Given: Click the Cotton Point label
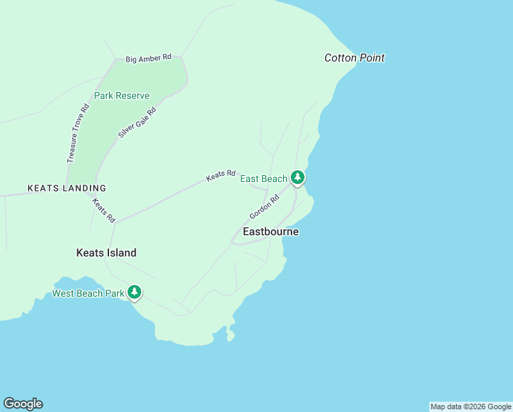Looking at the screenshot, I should pyautogui.click(x=354, y=58).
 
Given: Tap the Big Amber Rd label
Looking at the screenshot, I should pyautogui.click(x=148, y=59).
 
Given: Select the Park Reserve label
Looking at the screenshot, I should pyautogui.click(x=121, y=95).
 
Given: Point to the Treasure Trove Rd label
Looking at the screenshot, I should pyautogui.click(x=78, y=133).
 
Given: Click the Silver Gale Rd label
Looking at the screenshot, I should pyautogui.click(x=137, y=122).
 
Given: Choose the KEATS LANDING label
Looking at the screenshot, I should pyautogui.click(x=67, y=188).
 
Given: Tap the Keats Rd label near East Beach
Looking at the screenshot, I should pyautogui.click(x=221, y=176).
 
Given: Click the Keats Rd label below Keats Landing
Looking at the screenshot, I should pyautogui.click(x=104, y=211).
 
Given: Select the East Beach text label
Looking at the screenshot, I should pyautogui.click(x=263, y=179).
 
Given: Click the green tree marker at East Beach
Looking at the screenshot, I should pyautogui.click(x=297, y=178).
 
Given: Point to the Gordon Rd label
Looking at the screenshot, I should pyautogui.click(x=264, y=207).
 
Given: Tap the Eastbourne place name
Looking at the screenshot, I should pyautogui.click(x=270, y=232).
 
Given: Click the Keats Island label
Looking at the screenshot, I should pyautogui.click(x=106, y=253).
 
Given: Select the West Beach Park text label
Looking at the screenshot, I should pyautogui.click(x=88, y=294).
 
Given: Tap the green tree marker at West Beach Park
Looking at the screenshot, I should pyautogui.click(x=134, y=293).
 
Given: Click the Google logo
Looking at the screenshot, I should pyautogui.click(x=23, y=404).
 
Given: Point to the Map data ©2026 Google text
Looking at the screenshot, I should pyautogui.click(x=470, y=407).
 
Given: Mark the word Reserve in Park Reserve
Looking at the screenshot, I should pyautogui.click(x=132, y=95).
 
